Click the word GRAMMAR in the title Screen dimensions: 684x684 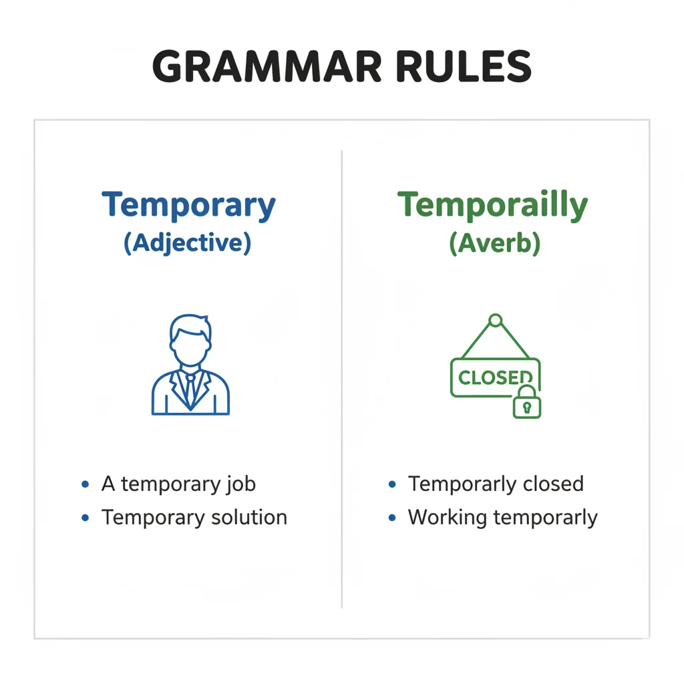267,66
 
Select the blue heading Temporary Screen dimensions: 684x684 188,206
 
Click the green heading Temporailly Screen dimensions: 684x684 493,206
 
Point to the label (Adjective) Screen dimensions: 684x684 188,242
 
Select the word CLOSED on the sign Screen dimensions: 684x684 494,377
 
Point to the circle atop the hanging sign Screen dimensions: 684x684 495,321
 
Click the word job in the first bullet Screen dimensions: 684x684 240,484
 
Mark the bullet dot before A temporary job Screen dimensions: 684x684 85,484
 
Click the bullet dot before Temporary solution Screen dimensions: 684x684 85,518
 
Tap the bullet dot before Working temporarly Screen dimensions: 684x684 392,518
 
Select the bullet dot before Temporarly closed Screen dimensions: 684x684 392,484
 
